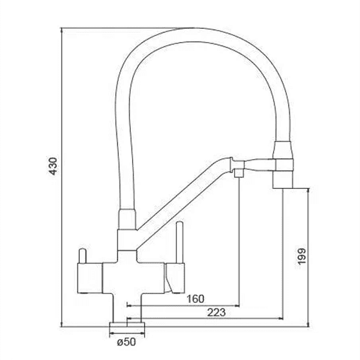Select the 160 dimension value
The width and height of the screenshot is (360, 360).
pos(196,298)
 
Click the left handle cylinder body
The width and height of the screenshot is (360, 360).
pos(89,277)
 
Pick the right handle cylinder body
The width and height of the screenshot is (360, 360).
pos(174,278)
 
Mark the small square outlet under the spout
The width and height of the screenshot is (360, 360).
pos(238,173)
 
